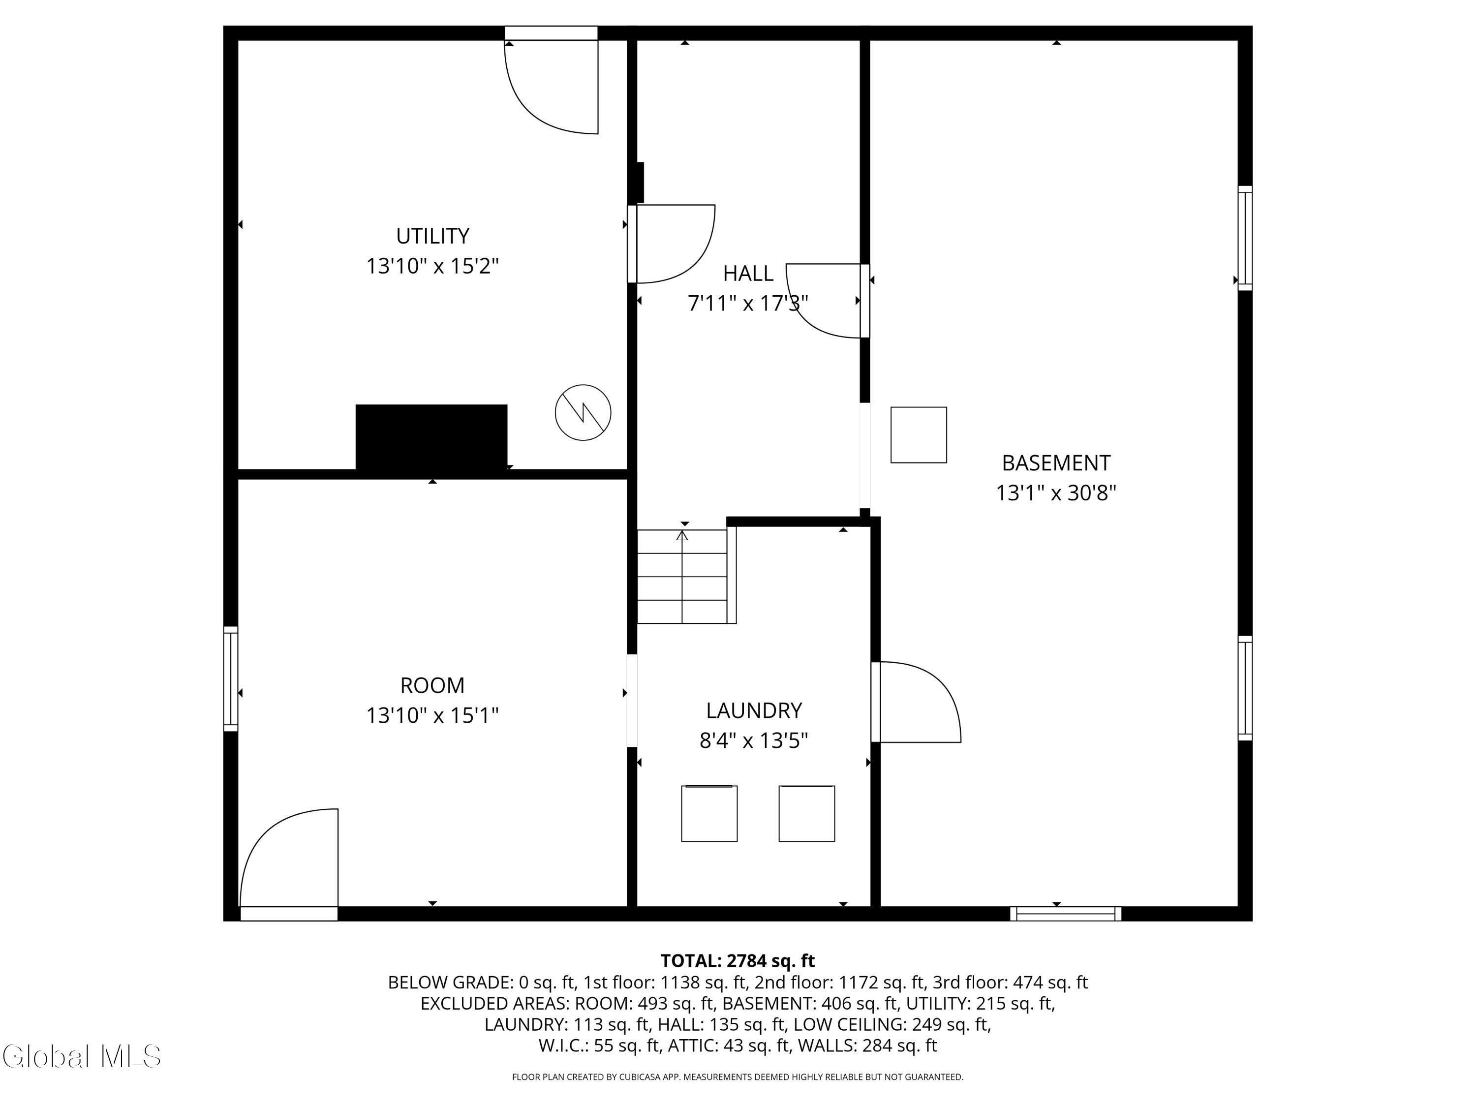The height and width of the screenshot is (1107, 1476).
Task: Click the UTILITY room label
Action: [x=432, y=236]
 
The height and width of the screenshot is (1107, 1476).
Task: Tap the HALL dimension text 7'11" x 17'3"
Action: [x=747, y=304]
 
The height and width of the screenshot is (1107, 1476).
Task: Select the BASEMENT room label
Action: [x=1056, y=463]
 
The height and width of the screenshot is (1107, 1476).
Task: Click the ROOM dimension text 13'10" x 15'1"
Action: [x=432, y=715]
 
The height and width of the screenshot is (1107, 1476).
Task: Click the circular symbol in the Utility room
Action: [x=583, y=412]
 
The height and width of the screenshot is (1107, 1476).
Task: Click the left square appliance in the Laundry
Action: [x=709, y=813]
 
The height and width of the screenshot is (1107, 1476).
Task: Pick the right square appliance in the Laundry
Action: [x=807, y=813]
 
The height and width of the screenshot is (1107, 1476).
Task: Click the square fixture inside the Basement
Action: [x=919, y=435]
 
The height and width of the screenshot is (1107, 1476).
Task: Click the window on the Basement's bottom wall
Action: [x=1066, y=914]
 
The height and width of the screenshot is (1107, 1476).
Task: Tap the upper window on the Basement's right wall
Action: [x=1245, y=238]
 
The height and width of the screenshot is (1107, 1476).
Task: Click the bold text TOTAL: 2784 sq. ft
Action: [x=738, y=961]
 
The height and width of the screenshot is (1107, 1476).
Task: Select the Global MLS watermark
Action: [x=81, y=1056]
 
